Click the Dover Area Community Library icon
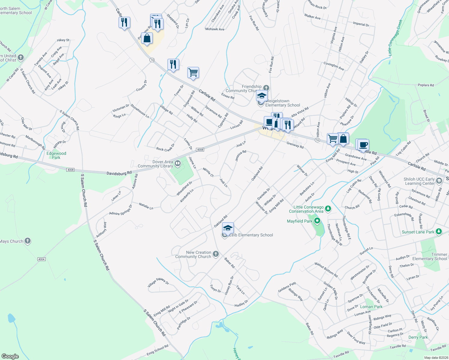177,163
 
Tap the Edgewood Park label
56,155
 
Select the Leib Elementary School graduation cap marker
228,228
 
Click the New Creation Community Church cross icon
215,254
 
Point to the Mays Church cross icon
27,241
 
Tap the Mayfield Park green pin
317,221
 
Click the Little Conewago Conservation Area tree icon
328,208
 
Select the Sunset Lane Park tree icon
439,232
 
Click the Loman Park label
371,307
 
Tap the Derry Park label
418,337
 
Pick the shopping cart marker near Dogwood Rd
193,72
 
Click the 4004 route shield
41,259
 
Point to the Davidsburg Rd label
119,173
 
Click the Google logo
10,356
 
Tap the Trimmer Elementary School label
430,257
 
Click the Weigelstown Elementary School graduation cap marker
262,96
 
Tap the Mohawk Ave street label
215,29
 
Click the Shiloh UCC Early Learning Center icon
439,181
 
